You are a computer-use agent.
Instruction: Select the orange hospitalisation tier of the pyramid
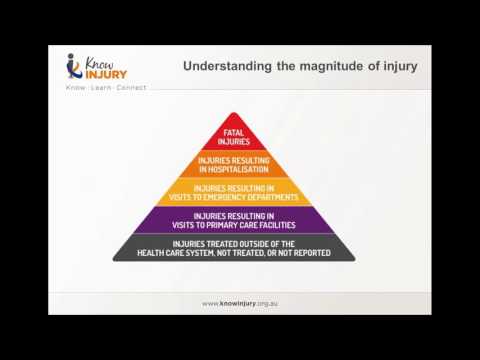click(x=234, y=163)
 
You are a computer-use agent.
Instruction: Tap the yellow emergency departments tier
click(x=234, y=191)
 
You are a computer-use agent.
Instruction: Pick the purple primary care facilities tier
click(x=234, y=219)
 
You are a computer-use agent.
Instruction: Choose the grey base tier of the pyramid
click(x=234, y=248)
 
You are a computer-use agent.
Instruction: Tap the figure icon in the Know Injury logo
click(x=72, y=66)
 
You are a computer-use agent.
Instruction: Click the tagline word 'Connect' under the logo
click(x=130, y=88)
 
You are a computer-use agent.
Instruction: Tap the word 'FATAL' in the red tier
click(x=234, y=130)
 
